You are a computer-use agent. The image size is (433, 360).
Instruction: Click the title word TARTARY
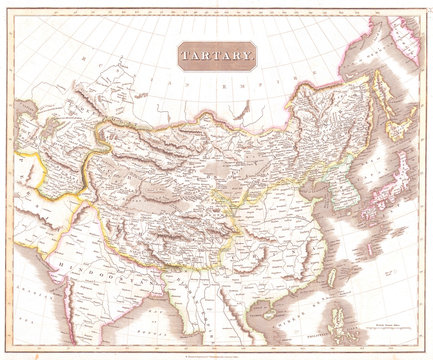[216, 58]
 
